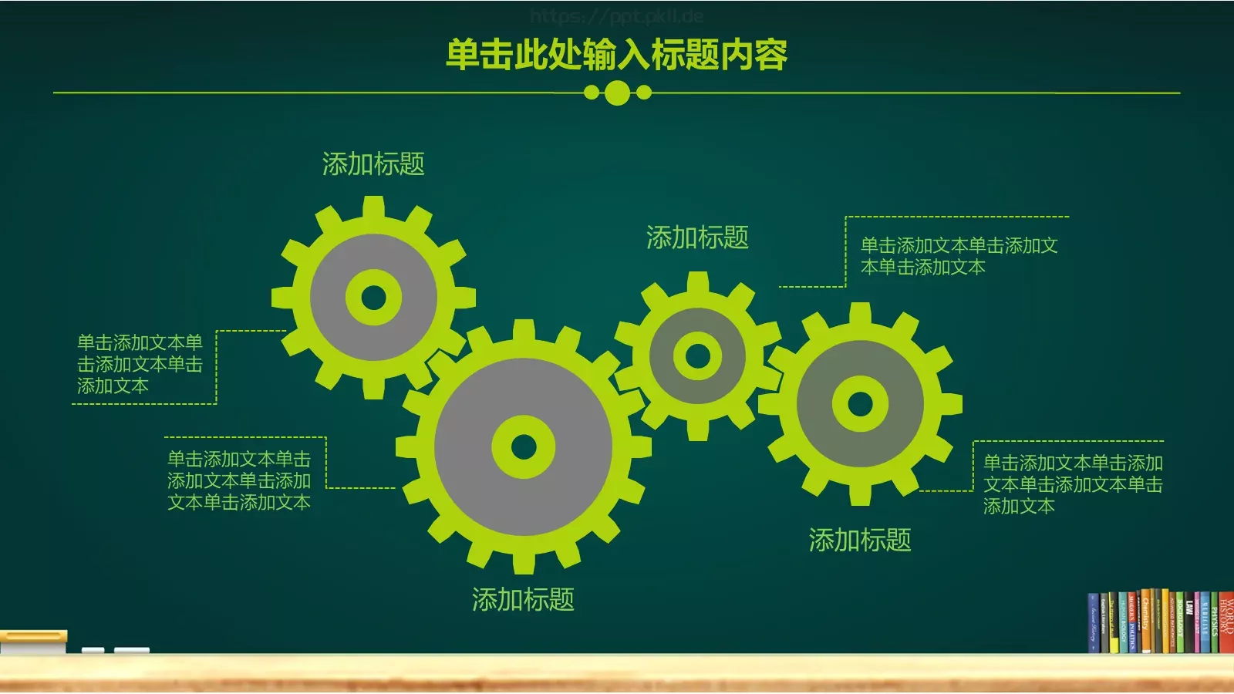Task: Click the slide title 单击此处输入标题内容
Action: click(617, 55)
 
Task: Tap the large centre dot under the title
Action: click(617, 93)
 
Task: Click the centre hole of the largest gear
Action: click(524, 446)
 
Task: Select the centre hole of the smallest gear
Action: click(698, 356)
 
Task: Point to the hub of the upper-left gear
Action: click(374, 298)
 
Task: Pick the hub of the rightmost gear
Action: click(860, 403)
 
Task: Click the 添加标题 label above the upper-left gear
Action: click(373, 164)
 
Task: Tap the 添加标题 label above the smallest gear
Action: click(697, 238)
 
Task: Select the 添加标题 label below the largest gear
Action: click(523, 600)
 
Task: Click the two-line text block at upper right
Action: click(959, 256)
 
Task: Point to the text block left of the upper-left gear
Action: click(140, 364)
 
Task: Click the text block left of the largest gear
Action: click(239, 481)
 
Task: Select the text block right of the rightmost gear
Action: click(1072, 484)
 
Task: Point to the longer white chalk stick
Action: click(132, 651)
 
